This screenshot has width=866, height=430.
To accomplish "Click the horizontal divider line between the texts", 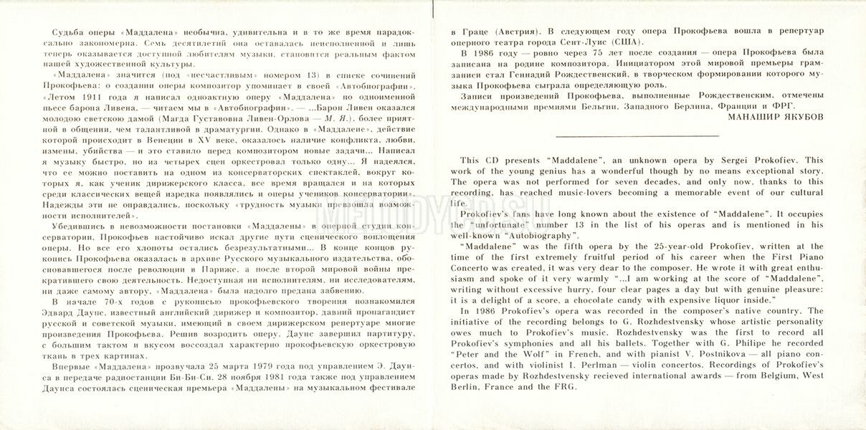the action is [637, 135].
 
